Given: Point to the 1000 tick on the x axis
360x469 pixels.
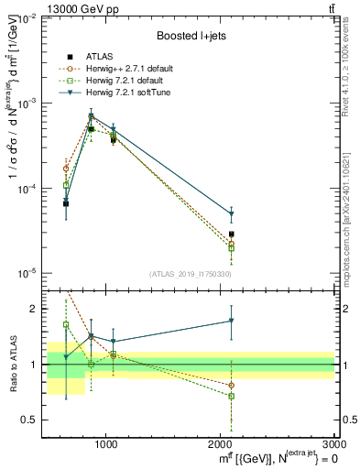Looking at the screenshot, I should pos(106,445).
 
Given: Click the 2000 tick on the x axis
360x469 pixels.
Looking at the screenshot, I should pos(220,445).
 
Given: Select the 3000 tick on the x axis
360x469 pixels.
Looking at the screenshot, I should pos(333,445).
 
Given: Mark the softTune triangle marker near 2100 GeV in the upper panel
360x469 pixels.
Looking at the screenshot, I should pos(231,214).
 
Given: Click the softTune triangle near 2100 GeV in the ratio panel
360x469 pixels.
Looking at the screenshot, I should pos(231,321).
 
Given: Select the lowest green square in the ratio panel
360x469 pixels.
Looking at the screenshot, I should pos(231,397).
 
